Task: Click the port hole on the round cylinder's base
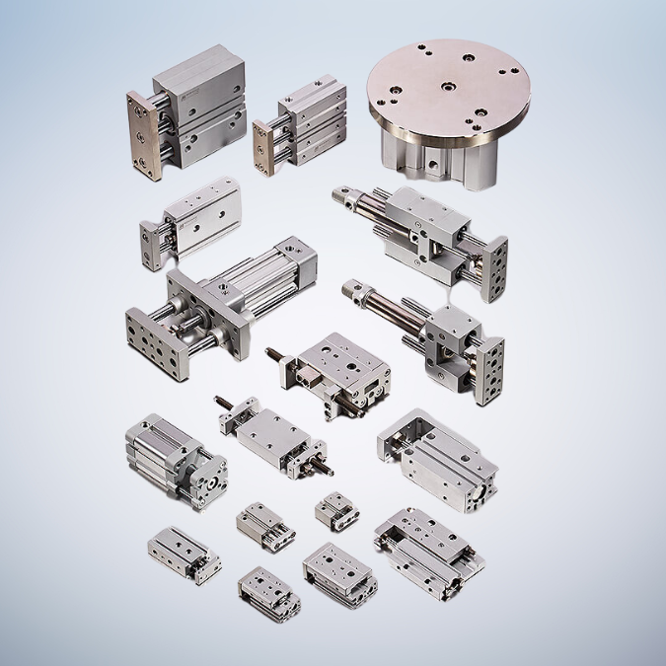(x=433, y=158)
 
